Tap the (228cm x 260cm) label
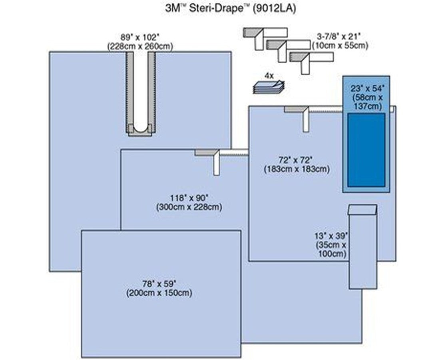point(139,46)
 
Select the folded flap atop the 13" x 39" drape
point(362,210)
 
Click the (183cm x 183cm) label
point(297,169)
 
